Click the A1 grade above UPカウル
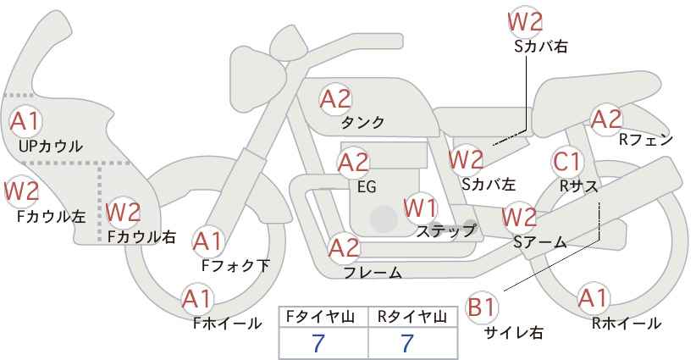click(25, 121)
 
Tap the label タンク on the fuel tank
click(362, 122)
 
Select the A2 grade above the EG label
click(353, 163)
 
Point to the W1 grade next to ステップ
click(421, 208)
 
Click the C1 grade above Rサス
click(566, 162)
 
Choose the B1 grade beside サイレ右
click(482, 307)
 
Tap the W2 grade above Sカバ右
click(525, 22)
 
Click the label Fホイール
click(227, 324)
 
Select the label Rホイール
click(627, 324)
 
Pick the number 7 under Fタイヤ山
click(318, 343)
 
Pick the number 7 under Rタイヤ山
click(407, 343)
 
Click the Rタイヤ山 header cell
click(413, 317)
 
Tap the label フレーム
click(373, 273)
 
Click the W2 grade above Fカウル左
click(22, 191)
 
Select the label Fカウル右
click(141, 236)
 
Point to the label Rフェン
click(646, 140)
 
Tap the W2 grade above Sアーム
click(519, 217)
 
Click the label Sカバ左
click(489, 184)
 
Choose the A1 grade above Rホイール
click(593, 298)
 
